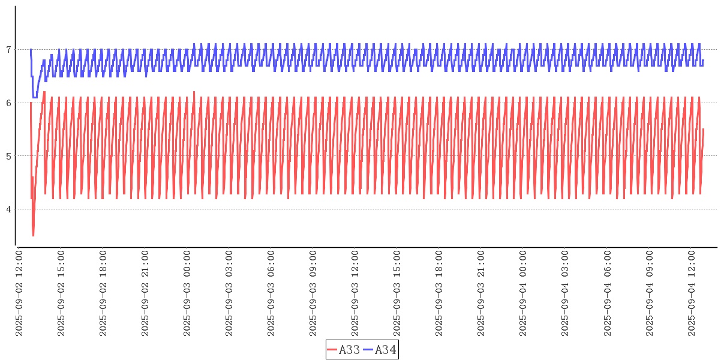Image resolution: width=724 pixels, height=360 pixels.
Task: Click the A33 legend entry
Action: (x=344, y=350)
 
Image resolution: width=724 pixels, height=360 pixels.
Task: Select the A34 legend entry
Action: (x=380, y=350)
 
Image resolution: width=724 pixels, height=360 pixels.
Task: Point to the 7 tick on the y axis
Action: (x=8, y=50)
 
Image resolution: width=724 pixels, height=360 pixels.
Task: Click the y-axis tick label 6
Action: (x=8, y=103)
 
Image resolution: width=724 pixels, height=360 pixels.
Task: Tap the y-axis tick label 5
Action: (x=8, y=156)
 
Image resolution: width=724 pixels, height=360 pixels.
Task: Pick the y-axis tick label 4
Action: (x=8, y=209)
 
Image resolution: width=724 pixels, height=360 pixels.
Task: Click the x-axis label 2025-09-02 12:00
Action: (x=19, y=293)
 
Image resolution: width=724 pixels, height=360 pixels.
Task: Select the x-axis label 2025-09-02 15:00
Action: (x=61, y=293)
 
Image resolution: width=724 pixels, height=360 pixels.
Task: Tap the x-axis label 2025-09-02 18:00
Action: (x=103, y=293)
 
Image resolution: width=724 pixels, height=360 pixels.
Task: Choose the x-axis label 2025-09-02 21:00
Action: (x=145, y=293)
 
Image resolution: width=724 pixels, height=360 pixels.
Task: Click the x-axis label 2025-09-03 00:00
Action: (x=187, y=293)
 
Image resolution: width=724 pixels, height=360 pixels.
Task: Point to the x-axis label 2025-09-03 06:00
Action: (x=271, y=293)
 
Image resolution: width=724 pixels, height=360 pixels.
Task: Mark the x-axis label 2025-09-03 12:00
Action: (x=355, y=293)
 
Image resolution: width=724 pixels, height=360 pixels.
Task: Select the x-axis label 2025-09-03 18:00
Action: (x=439, y=293)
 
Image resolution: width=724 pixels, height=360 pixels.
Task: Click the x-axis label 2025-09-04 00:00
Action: (x=523, y=293)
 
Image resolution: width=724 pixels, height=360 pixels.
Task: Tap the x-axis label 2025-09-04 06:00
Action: (x=607, y=293)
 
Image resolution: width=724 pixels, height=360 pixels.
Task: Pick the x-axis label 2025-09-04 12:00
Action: (x=691, y=293)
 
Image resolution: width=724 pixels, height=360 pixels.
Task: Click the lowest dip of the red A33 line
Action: (x=33, y=235)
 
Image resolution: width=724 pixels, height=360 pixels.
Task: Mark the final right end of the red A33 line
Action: (x=703, y=130)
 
